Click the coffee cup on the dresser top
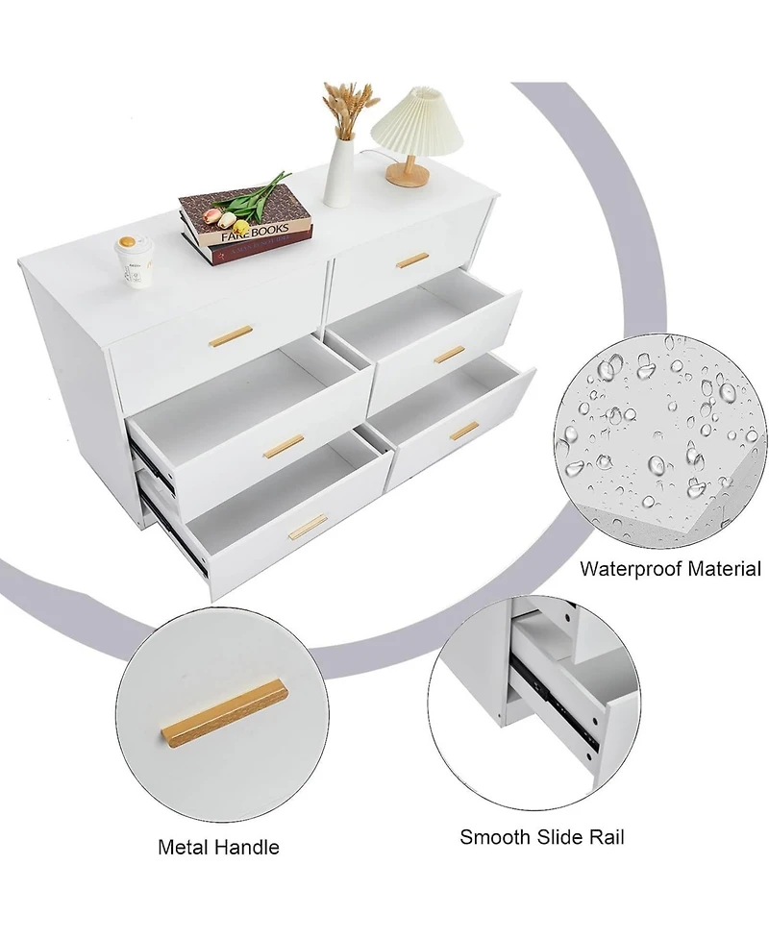pos(131,259)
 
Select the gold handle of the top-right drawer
pos(412,259)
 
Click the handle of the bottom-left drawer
pos(308,526)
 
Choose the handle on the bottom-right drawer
pos(464,432)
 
